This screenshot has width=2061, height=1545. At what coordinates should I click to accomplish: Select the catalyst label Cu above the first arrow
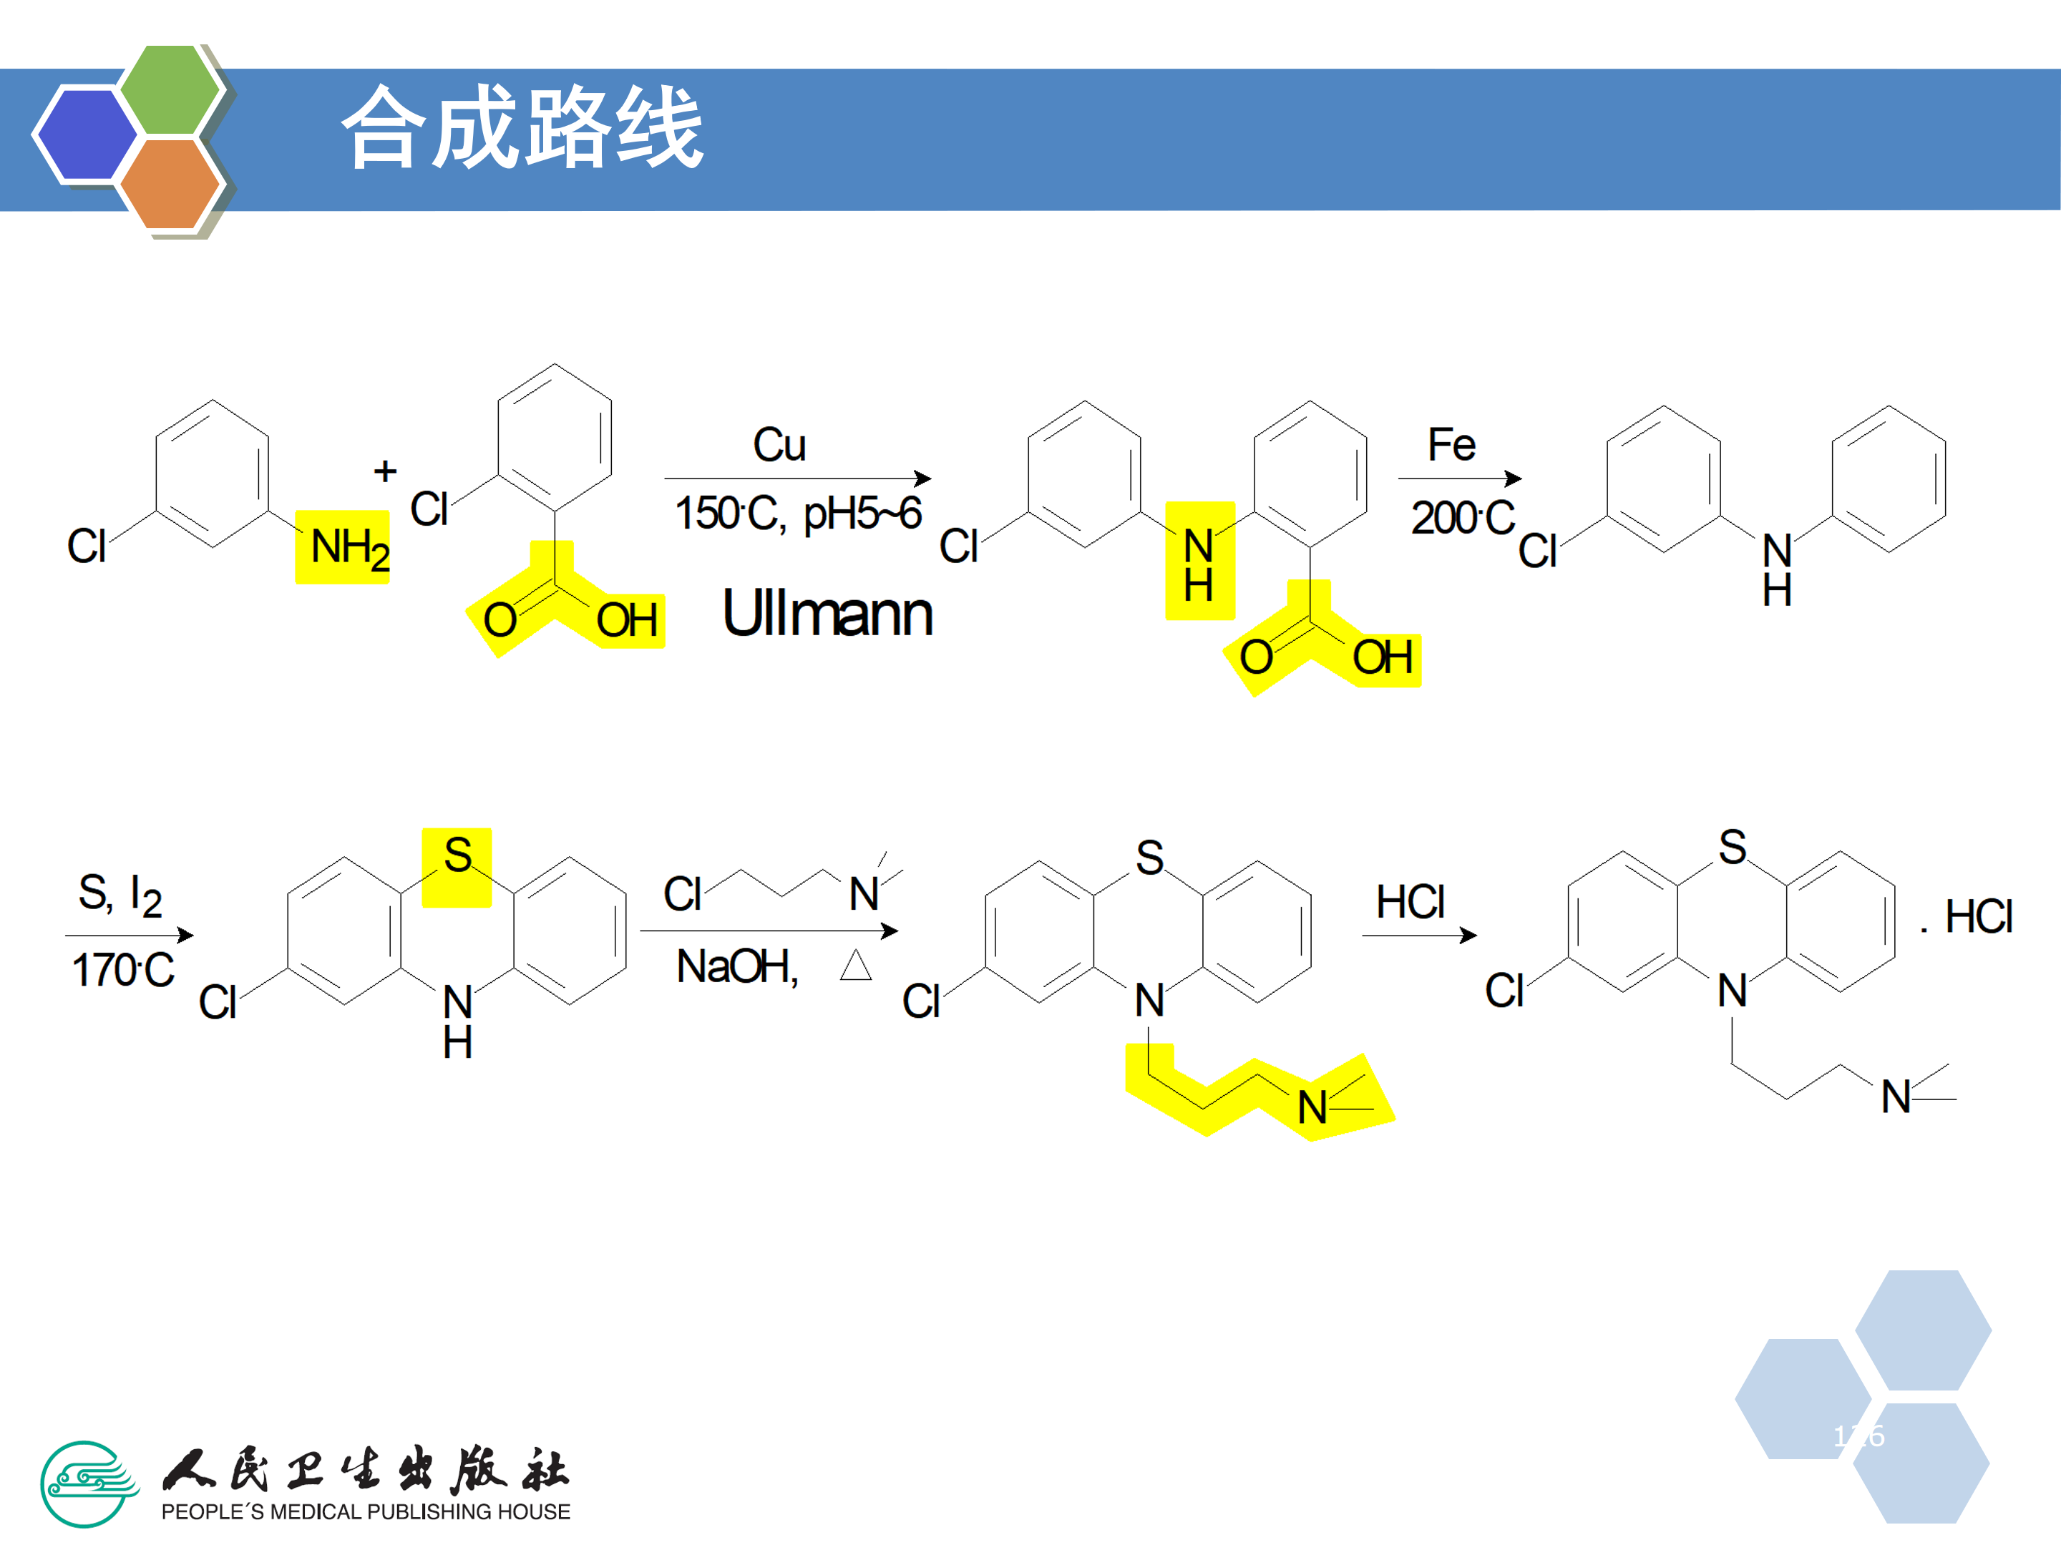pos(779,445)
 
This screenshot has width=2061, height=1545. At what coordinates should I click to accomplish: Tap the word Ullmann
pos(827,614)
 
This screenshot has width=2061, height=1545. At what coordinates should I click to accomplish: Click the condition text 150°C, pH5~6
pos(798,513)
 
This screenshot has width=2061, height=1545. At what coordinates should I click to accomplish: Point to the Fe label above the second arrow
pos(1451,445)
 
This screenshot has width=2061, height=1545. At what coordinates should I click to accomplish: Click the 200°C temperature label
pos(1462,518)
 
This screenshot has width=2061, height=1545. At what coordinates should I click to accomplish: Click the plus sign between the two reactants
pos(385,471)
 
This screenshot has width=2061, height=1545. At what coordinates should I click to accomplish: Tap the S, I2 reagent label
pos(120,894)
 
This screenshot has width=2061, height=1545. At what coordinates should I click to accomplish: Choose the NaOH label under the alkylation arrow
pos(737,966)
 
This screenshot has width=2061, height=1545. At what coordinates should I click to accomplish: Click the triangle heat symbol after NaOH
pos(855,966)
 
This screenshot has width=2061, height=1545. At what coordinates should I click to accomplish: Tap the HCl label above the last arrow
pos(1410,901)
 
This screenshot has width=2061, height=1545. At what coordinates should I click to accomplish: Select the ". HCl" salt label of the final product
pos(1968,917)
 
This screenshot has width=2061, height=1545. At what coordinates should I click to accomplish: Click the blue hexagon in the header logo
pos(86,133)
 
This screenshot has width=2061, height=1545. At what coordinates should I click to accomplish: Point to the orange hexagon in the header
pos(170,183)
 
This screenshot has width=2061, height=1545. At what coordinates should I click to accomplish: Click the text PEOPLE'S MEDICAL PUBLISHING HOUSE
pos(365,1511)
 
